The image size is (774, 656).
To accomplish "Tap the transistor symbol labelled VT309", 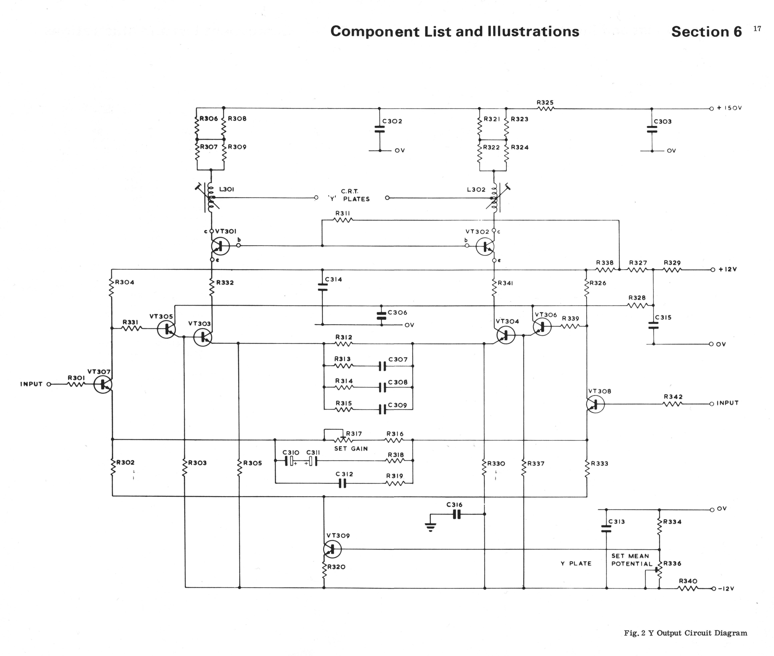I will (x=332, y=549).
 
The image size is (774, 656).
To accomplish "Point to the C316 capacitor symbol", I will (x=457, y=514).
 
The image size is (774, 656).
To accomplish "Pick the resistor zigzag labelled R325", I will (x=545, y=109).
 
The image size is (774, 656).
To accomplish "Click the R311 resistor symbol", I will (x=343, y=220).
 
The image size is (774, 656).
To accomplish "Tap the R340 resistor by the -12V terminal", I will (x=688, y=588).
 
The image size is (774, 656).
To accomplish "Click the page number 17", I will (x=757, y=29).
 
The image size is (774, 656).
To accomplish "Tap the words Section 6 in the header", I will (x=706, y=32).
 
